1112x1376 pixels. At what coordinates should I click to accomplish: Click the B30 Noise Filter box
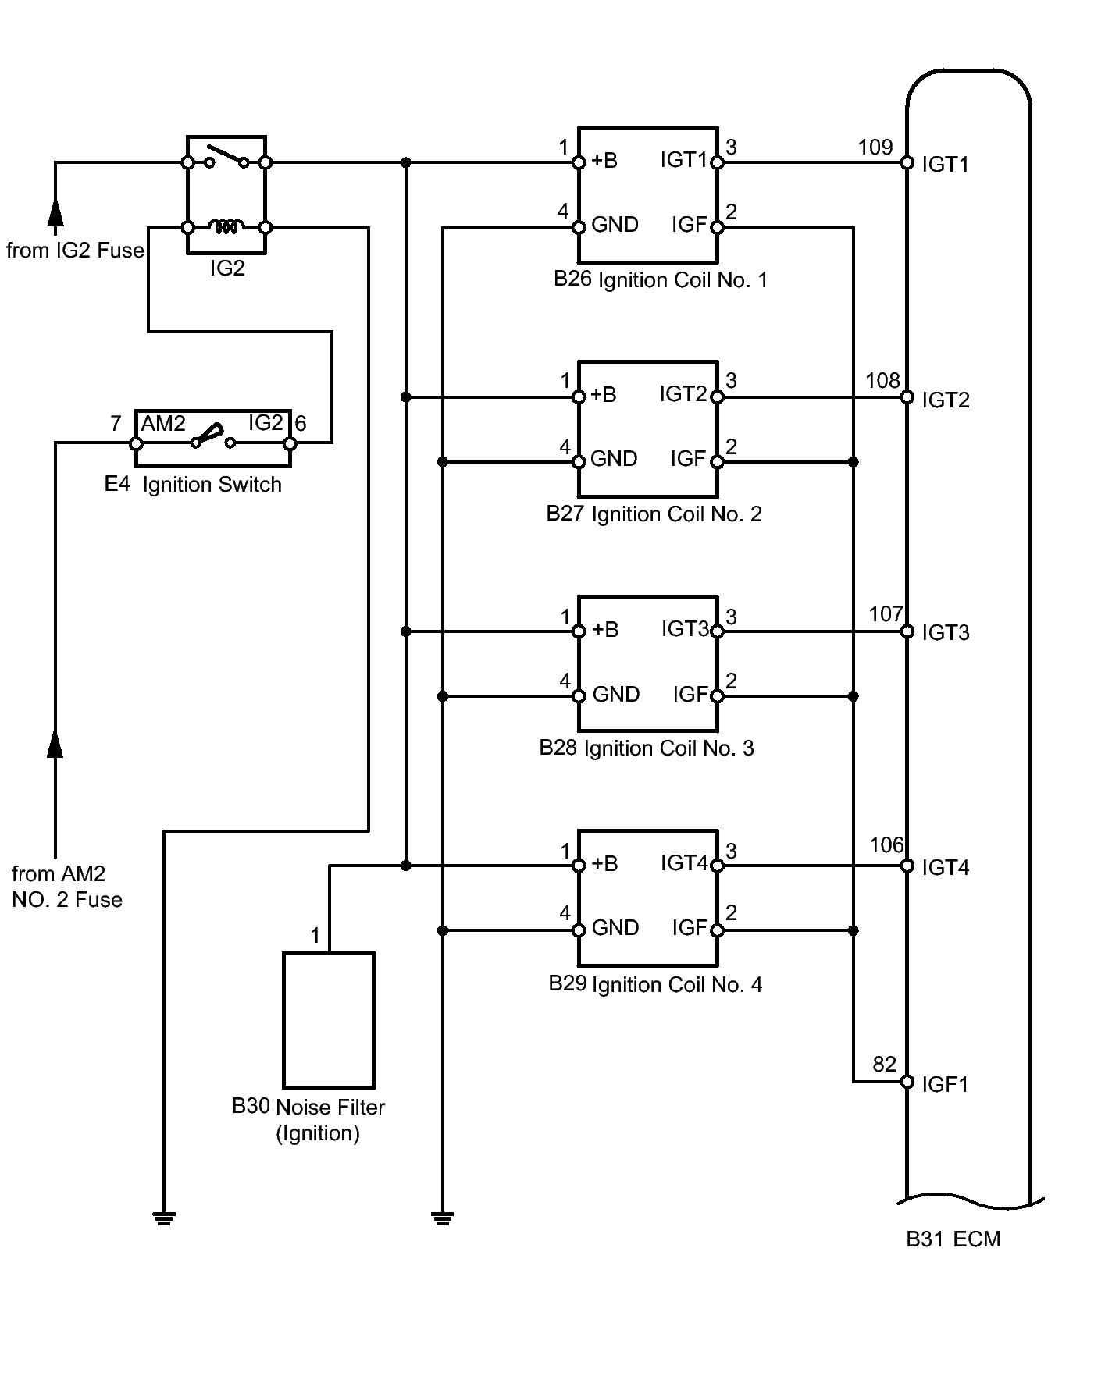pyautogui.click(x=329, y=1020)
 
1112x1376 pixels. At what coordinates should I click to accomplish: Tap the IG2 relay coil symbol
pyautogui.click(x=226, y=227)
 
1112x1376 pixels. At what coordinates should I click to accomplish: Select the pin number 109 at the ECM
pyautogui.click(x=875, y=147)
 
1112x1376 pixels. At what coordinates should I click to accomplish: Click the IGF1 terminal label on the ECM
pyautogui.click(x=945, y=1083)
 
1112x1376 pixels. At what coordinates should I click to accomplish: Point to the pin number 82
pyautogui.click(x=884, y=1065)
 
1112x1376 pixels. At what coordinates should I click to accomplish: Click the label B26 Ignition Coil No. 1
pyautogui.click(x=661, y=279)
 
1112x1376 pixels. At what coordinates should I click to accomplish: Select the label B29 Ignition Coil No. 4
pyautogui.click(x=655, y=983)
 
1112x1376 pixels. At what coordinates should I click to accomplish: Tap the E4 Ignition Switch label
pyautogui.click(x=193, y=484)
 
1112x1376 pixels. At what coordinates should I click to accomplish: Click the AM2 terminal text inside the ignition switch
pyautogui.click(x=163, y=423)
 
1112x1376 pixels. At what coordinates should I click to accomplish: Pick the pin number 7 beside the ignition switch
pyautogui.click(x=116, y=424)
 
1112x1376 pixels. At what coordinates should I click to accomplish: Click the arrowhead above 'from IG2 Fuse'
pyautogui.click(x=55, y=212)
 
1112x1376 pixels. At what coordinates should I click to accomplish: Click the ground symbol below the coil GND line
pyautogui.click(x=443, y=1218)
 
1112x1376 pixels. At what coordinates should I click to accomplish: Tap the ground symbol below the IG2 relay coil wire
pyautogui.click(x=164, y=1218)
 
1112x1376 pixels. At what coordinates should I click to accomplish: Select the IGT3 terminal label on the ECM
pyautogui.click(x=946, y=632)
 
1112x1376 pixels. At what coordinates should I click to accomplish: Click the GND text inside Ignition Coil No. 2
pyautogui.click(x=614, y=458)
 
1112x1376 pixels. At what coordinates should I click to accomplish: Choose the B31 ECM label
pyautogui.click(x=953, y=1239)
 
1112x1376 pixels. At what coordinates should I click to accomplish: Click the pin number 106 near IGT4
pyautogui.click(x=886, y=845)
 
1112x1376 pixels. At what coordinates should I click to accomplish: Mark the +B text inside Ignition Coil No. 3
pyautogui.click(x=605, y=629)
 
